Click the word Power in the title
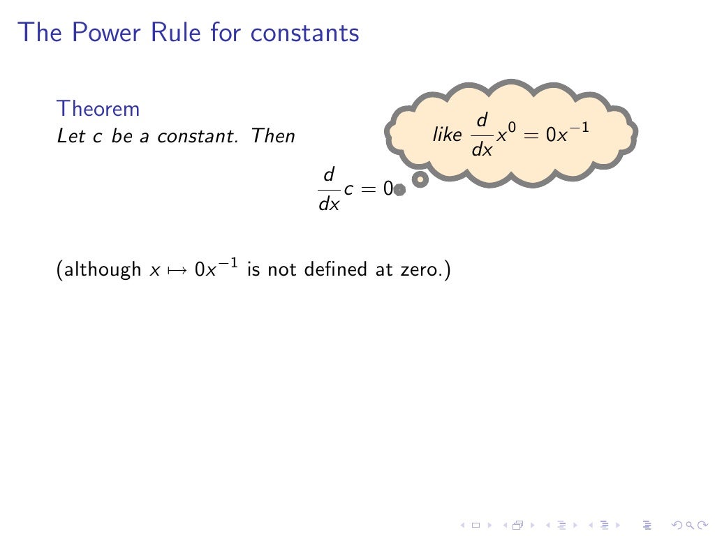click(94, 32)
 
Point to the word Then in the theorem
click(273, 135)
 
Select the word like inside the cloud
click(447, 135)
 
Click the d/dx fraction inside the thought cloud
click(482, 135)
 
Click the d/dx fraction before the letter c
click(329, 188)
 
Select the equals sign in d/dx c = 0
click(369, 188)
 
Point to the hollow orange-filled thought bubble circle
click(420, 180)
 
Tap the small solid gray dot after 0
click(399, 189)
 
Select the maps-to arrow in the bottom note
click(180, 270)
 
